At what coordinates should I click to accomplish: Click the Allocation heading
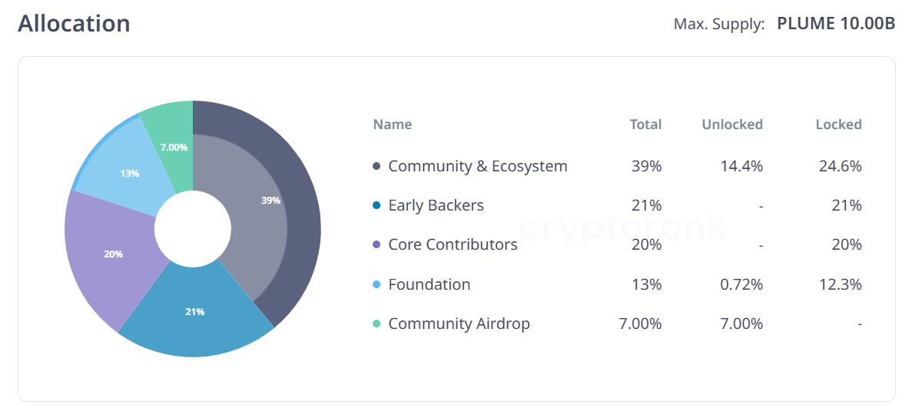coord(74,24)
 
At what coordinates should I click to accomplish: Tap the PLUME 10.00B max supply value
coord(836,24)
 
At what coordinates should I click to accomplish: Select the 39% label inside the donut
coord(270,200)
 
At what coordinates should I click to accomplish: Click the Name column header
coord(393,124)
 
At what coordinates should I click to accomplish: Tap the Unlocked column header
coord(732,124)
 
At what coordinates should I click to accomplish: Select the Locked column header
coord(838,124)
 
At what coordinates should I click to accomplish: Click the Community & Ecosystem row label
coord(478,166)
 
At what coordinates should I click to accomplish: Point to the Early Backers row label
coord(436,205)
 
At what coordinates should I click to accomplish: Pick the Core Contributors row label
coord(453,244)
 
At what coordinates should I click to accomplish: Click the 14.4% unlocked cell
coord(742,166)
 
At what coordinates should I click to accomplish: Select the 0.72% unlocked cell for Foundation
coord(741,284)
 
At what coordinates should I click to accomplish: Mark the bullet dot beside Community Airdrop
coord(376,324)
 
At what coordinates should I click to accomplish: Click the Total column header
coord(645,124)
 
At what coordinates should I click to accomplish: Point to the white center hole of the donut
coord(193,229)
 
